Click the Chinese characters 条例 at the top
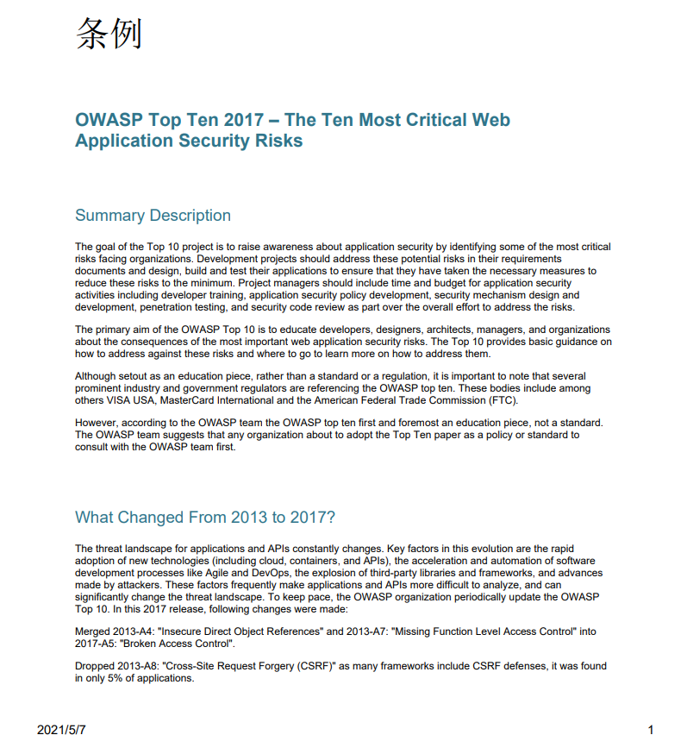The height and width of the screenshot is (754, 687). (109, 34)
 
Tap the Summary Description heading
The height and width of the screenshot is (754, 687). (153, 216)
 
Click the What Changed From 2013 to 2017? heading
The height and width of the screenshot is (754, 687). (205, 518)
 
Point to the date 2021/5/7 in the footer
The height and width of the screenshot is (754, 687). (61, 730)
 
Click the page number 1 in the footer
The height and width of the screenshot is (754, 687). (651, 730)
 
